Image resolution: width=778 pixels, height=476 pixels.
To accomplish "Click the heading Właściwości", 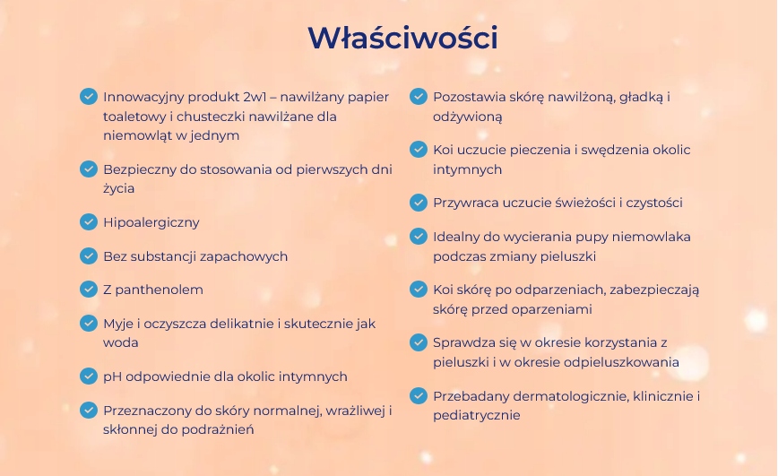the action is click(402, 38).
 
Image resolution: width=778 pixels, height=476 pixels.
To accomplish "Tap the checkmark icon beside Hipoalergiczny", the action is click(89, 222).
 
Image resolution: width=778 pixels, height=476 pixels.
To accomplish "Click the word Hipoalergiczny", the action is click(151, 222).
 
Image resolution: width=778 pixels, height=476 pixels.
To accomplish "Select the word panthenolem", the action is click(160, 290).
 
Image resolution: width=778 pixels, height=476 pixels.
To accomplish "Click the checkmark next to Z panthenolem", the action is click(89, 289).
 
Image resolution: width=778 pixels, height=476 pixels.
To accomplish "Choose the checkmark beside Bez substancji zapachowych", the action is click(89, 255).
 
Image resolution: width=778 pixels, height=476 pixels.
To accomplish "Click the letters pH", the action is click(112, 376).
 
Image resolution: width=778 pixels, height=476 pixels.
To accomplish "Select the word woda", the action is click(121, 343).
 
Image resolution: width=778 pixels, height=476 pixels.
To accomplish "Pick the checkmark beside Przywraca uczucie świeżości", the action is click(419, 203).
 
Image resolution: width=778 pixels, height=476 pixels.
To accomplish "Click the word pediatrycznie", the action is click(476, 415).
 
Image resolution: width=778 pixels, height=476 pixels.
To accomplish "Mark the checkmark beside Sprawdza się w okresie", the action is click(419, 342).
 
